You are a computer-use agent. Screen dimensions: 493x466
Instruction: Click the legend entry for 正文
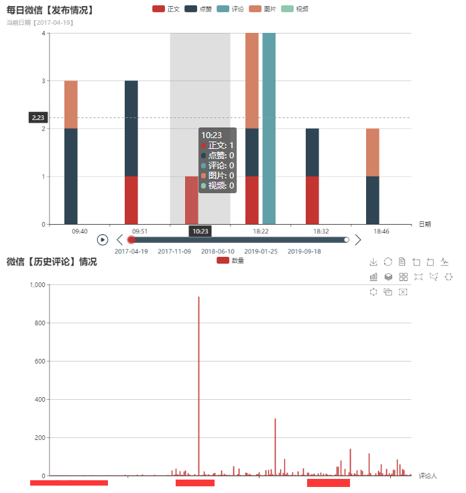pos(166,9)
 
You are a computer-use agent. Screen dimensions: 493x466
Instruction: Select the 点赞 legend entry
pos(198,9)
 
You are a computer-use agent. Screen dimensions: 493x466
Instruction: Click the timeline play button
pos(103,239)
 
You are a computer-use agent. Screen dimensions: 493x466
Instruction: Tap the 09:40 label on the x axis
pos(79,231)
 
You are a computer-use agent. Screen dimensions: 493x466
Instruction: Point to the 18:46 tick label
pos(381,231)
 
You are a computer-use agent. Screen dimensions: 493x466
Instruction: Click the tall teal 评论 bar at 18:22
pos(269,127)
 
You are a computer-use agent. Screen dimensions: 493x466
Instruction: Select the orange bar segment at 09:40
pos(70,104)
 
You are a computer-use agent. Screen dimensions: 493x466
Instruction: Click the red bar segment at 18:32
pos(312,200)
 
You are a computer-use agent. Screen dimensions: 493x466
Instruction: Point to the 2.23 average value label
pos(38,118)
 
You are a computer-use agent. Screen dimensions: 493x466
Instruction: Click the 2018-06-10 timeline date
pos(218,252)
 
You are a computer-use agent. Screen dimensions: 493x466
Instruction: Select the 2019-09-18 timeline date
pos(304,252)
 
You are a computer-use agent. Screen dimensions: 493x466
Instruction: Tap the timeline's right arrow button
pos(358,239)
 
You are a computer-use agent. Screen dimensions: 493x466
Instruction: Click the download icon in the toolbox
pos(373,262)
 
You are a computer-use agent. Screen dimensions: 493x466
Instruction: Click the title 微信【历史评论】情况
pos(52,262)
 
